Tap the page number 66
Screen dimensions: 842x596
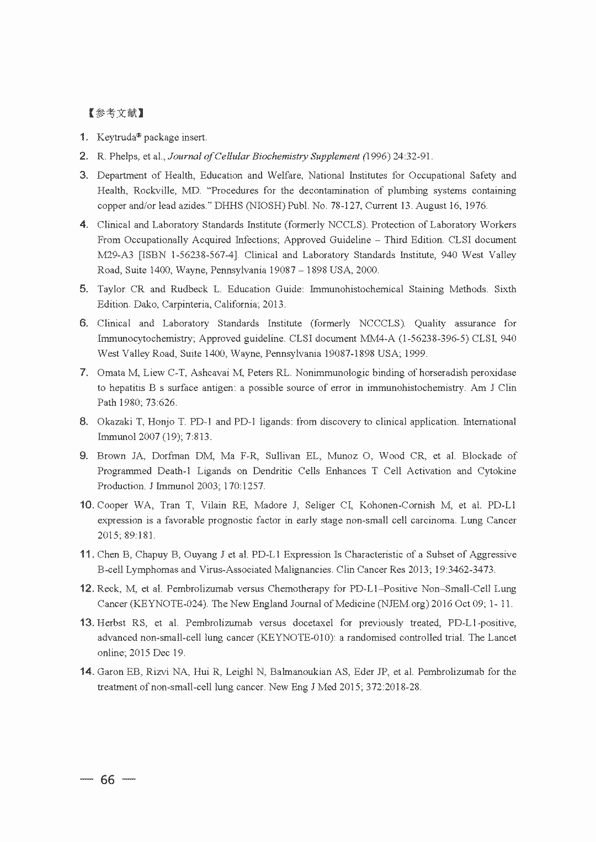(108, 780)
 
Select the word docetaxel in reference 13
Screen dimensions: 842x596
(311, 623)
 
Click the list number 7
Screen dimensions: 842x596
(84, 372)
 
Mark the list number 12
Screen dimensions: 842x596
(87, 588)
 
